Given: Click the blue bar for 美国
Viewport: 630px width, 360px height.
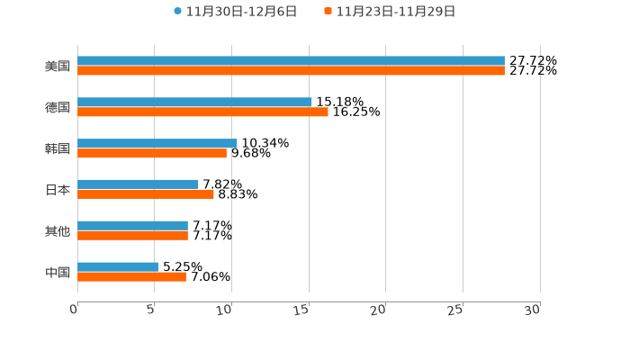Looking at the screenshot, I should (291, 61).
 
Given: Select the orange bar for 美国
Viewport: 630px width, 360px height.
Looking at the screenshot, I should (291, 71).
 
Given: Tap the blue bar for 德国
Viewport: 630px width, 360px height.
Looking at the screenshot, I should (194, 103).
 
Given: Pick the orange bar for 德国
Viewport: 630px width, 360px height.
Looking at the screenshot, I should (202, 112).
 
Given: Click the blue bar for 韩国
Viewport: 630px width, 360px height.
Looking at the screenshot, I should (157, 143).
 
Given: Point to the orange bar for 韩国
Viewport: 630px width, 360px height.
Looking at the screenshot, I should (152, 153).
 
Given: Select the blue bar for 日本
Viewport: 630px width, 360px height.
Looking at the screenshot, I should (138, 184).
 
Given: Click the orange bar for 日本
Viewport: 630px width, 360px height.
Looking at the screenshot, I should (146, 194).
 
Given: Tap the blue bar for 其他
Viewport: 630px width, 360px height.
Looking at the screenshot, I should (132, 226).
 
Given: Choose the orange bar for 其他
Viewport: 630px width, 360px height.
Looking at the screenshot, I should (132, 236).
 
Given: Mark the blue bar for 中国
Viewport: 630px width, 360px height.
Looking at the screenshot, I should (118, 267).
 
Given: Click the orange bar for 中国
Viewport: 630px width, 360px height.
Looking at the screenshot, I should (131, 277).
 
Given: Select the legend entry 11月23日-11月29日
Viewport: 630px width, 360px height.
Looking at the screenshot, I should (394, 12).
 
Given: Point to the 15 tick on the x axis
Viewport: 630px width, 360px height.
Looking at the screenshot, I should (302, 310).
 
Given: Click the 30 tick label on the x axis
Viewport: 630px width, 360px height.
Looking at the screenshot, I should (533, 310).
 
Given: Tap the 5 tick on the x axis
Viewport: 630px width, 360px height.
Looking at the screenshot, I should (151, 310).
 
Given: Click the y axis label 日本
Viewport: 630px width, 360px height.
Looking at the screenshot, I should (58, 190).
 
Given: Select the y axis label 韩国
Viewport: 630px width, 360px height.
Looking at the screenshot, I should (58, 148).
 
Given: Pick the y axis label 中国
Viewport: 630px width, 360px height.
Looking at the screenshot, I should (58, 272).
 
